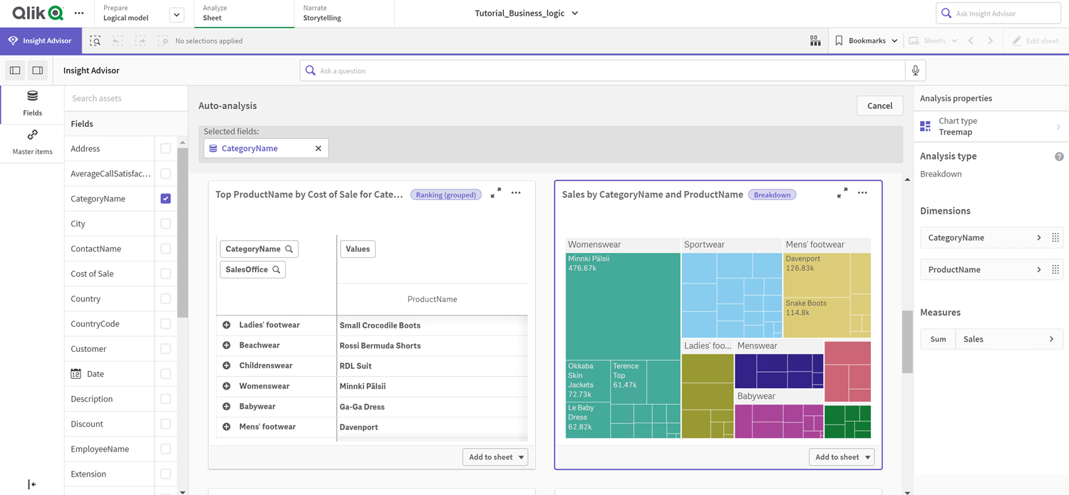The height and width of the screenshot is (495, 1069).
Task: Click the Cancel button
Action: pyautogui.click(x=879, y=105)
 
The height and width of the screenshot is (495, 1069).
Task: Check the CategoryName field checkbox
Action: pyautogui.click(x=165, y=199)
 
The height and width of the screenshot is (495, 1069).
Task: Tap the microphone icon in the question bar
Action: pyautogui.click(x=915, y=71)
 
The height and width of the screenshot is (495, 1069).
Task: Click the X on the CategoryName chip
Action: pyautogui.click(x=319, y=148)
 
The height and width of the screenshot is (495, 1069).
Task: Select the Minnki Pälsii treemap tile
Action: pyautogui.click(x=622, y=306)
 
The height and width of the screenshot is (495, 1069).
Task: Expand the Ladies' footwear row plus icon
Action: pyautogui.click(x=227, y=325)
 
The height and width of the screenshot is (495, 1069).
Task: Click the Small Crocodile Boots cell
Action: pyautogui.click(x=380, y=325)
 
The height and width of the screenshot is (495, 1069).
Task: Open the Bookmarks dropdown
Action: pyautogui.click(x=867, y=41)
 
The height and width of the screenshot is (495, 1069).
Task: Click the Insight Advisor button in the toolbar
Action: pyautogui.click(x=41, y=41)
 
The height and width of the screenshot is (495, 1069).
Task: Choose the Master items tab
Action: pyautogui.click(x=32, y=142)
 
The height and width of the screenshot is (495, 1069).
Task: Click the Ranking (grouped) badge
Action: pyautogui.click(x=446, y=194)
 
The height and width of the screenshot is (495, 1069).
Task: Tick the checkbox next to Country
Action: pyautogui.click(x=165, y=299)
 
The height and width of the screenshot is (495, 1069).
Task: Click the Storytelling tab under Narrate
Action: pyautogui.click(x=322, y=18)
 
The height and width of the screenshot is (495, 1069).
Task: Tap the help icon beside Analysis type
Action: pyautogui.click(x=1059, y=157)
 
